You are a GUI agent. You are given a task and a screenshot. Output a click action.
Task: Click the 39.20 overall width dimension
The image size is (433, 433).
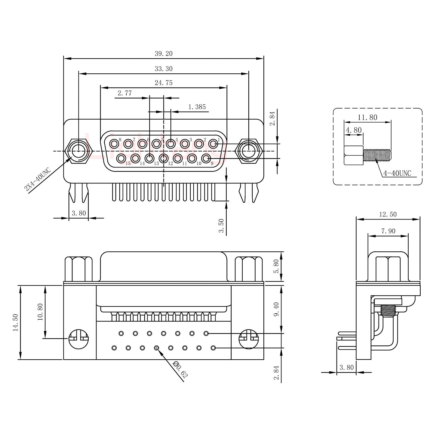[164, 54]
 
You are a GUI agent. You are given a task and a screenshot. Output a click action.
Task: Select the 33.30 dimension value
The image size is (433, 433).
[164, 69]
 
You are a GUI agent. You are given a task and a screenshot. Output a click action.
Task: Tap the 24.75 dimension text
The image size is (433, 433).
[164, 83]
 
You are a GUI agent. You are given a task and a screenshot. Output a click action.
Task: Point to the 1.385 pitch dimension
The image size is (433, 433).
[197, 107]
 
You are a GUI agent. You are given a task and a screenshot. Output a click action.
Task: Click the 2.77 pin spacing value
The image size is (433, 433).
[124, 93]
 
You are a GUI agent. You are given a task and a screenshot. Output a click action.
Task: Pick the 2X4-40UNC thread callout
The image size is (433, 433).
[38, 180]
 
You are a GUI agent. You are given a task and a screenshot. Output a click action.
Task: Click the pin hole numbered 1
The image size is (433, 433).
[213, 144]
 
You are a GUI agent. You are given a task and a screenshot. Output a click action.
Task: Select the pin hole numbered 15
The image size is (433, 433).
[121, 158]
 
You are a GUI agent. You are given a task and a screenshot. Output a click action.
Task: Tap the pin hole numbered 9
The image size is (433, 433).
[206, 158]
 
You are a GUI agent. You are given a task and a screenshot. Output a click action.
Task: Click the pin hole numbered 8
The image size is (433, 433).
[114, 144]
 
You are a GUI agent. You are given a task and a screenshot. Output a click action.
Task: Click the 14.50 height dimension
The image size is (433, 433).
[16, 322]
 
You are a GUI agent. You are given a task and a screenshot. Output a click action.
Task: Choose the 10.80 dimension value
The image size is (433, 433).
[40, 312]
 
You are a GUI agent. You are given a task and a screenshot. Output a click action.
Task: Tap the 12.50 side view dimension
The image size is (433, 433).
[388, 214]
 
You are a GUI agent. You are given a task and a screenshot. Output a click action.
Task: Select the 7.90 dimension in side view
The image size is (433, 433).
[388, 231]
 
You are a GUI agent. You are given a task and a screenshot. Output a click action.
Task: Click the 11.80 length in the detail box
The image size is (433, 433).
[367, 118]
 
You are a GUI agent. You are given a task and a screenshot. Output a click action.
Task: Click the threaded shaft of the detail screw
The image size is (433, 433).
[377, 155]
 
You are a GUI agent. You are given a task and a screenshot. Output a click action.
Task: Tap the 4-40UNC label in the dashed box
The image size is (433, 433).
[397, 173]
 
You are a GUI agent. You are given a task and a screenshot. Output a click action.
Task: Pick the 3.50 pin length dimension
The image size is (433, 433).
[222, 226]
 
